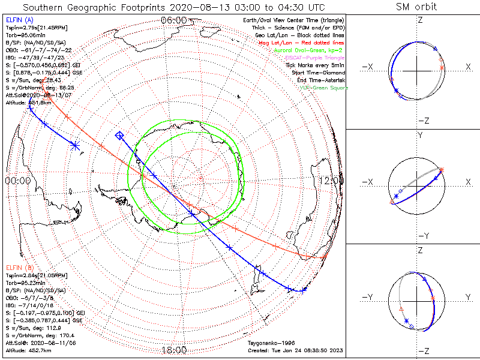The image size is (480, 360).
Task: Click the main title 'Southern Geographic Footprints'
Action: click(x=90, y=7)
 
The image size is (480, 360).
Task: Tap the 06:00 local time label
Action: click(x=175, y=20)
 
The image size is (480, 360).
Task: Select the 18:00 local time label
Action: click(x=175, y=349)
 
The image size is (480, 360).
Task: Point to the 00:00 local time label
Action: click(x=17, y=180)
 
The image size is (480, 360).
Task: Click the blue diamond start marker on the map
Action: click(x=119, y=136)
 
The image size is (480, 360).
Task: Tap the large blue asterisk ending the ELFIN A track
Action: click(x=75, y=145)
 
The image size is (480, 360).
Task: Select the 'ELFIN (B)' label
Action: click(x=19, y=267)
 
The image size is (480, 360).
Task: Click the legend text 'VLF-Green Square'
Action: click(x=323, y=88)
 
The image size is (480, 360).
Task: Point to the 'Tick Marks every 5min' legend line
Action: click(x=316, y=65)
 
